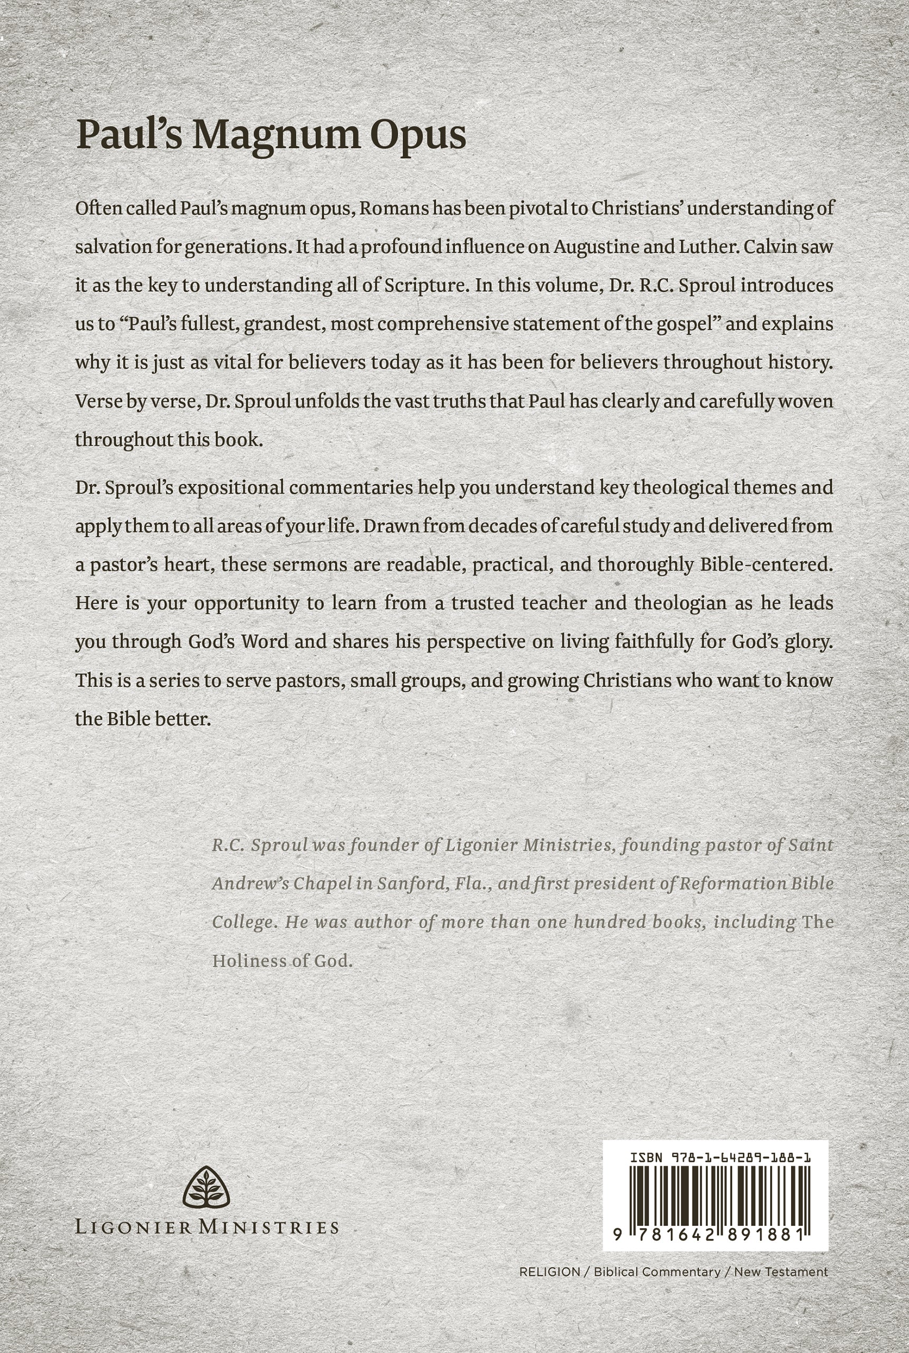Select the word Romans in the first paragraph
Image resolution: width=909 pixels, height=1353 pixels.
[x=394, y=208]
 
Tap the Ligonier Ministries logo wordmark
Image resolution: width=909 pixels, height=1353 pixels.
[x=207, y=1227]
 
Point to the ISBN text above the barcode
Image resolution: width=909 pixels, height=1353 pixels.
[x=720, y=1157]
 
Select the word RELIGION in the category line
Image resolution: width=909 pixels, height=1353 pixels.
[x=549, y=1272]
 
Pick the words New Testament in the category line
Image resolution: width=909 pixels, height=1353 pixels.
[x=781, y=1272]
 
